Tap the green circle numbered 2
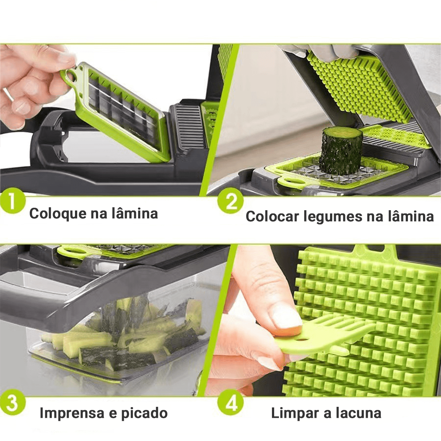(x=230, y=202)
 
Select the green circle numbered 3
(x=12, y=403)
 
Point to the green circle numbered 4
(x=230, y=403)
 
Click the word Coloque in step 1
(x=58, y=214)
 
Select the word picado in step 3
(x=144, y=413)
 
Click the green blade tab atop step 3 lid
(x=73, y=252)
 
